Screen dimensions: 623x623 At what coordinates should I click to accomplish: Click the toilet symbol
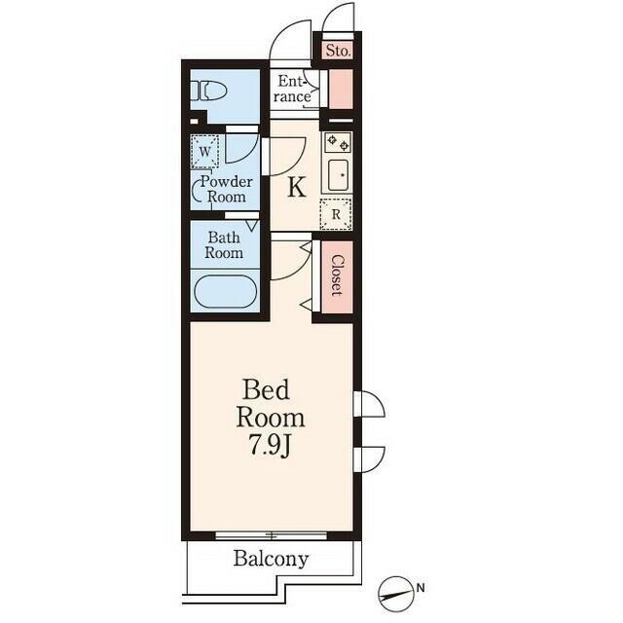(x=207, y=91)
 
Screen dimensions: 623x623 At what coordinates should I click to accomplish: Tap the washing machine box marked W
(x=204, y=152)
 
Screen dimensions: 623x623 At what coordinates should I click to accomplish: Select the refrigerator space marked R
(x=336, y=214)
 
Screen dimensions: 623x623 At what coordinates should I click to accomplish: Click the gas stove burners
(x=338, y=142)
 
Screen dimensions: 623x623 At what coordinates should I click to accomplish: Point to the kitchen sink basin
(x=338, y=175)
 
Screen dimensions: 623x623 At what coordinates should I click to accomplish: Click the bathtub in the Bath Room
(x=225, y=291)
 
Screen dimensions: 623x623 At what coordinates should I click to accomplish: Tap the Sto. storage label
(x=338, y=51)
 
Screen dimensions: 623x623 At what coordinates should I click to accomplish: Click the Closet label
(x=337, y=275)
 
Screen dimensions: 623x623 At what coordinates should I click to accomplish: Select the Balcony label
(x=271, y=559)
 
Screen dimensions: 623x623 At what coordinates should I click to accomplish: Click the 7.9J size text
(x=271, y=448)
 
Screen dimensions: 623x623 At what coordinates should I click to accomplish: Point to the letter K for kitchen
(x=297, y=187)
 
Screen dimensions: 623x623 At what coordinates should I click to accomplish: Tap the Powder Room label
(x=226, y=189)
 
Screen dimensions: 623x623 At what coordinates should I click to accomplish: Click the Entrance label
(x=292, y=89)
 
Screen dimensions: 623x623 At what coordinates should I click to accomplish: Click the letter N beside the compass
(x=421, y=587)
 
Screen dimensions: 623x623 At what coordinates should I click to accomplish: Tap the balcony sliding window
(x=272, y=535)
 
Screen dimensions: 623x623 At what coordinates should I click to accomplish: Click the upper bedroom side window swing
(x=369, y=404)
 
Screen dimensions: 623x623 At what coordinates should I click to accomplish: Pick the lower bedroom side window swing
(x=369, y=459)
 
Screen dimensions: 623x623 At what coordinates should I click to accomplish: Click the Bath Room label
(x=224, y=245)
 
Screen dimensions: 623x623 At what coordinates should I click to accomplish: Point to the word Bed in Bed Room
(x=266, y=389)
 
